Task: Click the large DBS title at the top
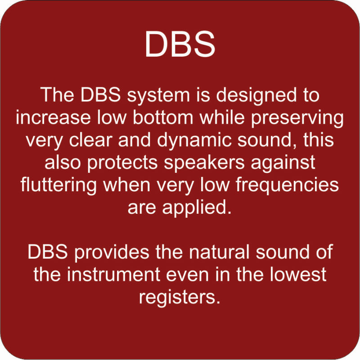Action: tap(180, 44)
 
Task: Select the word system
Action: tap(158, 96)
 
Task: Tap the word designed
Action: tap(256, 96)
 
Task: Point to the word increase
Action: tap(53, 117)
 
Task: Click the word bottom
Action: tap(163, 117)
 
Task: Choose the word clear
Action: tap(91, 139)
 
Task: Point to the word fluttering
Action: tap(58, 185)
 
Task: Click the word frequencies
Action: tap(287, 185)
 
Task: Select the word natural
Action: tap(219, 252)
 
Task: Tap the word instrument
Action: tap(114, 274)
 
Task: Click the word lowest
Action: tap(298, 274)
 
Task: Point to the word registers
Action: tap(180, 297)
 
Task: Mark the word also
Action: tap(63, 162)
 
